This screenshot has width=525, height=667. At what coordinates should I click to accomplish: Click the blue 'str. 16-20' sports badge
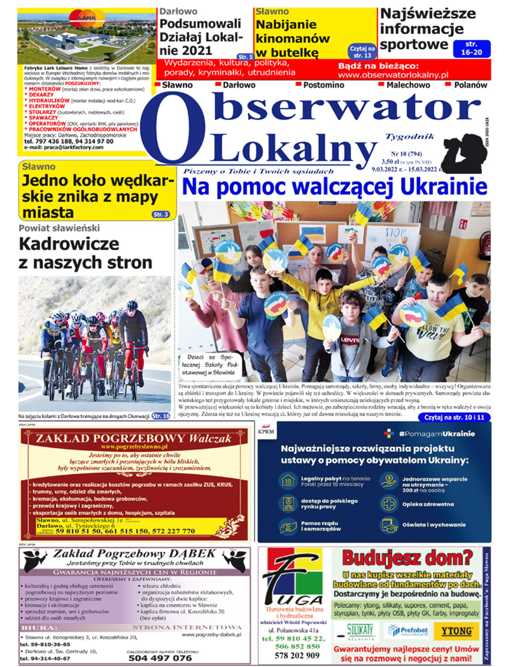point(471,48)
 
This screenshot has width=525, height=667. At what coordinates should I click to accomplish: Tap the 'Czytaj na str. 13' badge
point(362,52)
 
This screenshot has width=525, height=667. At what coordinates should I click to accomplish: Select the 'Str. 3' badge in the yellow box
point(161,214)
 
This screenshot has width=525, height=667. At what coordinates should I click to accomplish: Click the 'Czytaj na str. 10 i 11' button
point(454,418)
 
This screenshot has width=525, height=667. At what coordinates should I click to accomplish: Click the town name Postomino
point(323,85)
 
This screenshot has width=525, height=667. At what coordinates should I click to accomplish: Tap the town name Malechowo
point(408,85)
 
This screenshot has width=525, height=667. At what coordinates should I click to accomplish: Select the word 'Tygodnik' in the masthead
point(410,137)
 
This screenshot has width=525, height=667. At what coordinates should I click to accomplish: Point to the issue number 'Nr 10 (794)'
point(406,154)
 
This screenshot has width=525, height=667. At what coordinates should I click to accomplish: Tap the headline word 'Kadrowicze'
point(69,244)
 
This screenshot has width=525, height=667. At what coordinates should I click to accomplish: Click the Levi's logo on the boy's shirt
point(350,340)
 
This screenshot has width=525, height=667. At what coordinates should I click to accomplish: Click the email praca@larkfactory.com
point(63,147)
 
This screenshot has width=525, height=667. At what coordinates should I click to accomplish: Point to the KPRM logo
point(266,430)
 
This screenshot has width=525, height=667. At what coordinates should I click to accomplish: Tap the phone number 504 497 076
point(160,658)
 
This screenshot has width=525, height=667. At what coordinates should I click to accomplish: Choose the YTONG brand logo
point(456,631)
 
